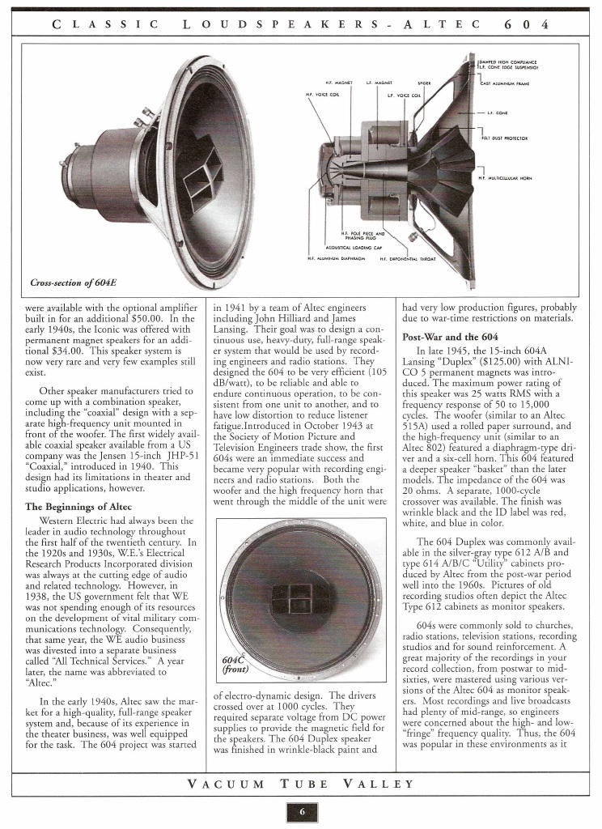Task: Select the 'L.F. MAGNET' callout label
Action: click(x=379, y=83)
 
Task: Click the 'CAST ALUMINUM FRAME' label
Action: click(x=510, y=83)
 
